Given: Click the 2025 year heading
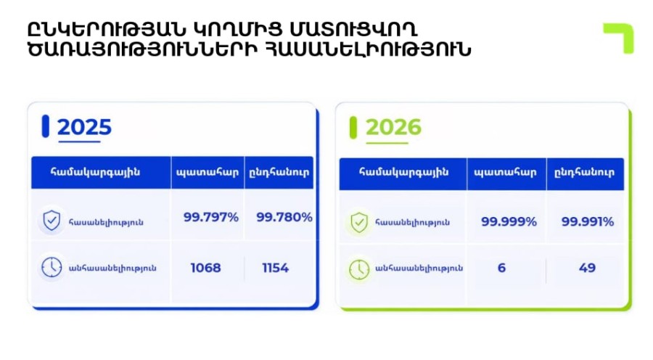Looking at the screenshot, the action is (x=85, y=127).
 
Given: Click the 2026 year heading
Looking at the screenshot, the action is (x=393, y=127).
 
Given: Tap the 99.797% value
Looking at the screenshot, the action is (x=211, y=217).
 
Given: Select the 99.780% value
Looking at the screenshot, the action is (x=284, y=217).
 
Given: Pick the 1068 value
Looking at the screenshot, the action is (x=206, y=268).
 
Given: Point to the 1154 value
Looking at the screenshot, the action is (x=275, y=268).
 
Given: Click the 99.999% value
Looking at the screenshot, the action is (x=509, y=221).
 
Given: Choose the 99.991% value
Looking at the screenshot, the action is (x=588, y=221).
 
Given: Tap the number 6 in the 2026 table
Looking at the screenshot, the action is (x=502, y=268).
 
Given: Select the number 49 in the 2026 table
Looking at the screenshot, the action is (x=587, y=268).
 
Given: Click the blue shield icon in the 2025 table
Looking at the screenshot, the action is (x=52, y=221).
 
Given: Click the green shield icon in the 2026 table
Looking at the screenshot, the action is (x=359, y=222).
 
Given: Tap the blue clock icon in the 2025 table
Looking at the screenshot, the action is (x=52, y=267).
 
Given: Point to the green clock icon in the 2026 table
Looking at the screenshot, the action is (x=359, y=269).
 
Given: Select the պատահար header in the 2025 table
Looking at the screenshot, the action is (x=208, y=172).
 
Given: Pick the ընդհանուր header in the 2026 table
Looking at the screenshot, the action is (x=584, y=172).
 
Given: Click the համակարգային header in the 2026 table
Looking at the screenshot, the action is (x=403, y=172).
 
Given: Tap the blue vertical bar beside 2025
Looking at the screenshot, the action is (x=46, y=126).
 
